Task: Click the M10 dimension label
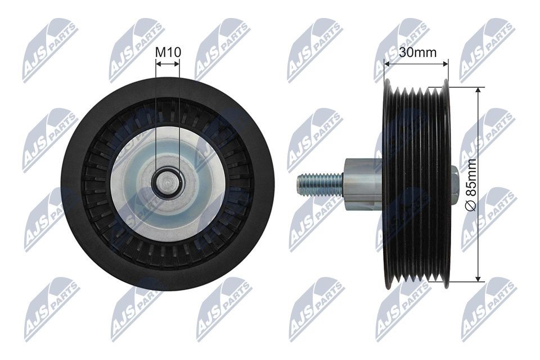[x=168, y=52]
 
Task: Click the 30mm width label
[x=417, y=53]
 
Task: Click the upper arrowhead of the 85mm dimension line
[x=478, y=91]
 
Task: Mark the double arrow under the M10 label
[x=168, y=64]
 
